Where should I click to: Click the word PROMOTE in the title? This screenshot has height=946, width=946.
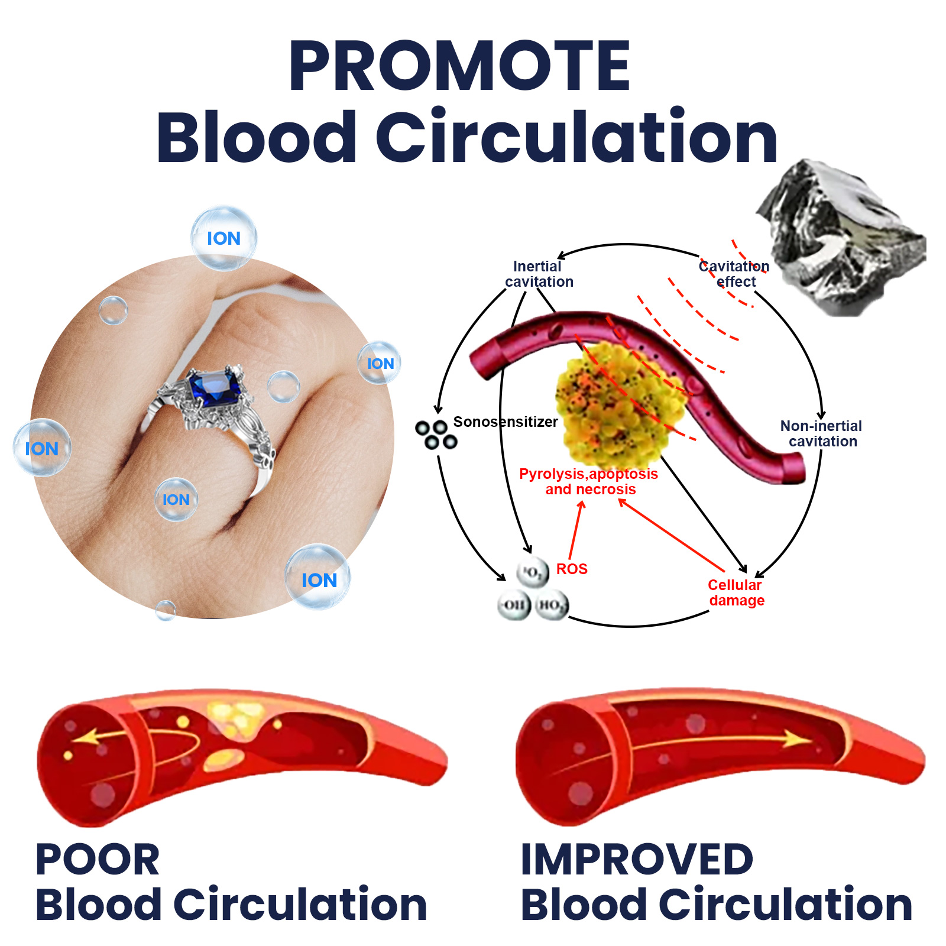tap(459, 66)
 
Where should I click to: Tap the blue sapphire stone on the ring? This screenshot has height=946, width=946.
tap(216, 387)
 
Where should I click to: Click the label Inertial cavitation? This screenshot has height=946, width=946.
tap(538, 274)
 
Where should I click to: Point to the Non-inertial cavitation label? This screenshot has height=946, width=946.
tap(821, 433)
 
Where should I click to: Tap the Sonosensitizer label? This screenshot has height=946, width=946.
tap(506, 422)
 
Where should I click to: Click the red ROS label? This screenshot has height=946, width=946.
tap(572, 569)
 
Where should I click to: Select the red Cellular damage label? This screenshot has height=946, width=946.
tap(736, 592)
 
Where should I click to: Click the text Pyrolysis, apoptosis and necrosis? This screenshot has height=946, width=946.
tap(589, 481)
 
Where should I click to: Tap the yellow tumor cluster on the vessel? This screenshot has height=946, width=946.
tap(618, 402)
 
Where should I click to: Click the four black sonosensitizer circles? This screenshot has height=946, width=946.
tap(436, 435)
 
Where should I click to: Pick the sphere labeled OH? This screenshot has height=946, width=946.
tap(514, 605)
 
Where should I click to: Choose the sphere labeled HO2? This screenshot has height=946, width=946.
tap(551, 605)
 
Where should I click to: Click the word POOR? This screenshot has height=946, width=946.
tap(98, 860)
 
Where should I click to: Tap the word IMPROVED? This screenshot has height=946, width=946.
tap(637, 860)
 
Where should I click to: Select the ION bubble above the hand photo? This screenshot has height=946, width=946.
tap(223, 238)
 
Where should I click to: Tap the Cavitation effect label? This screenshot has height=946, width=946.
tap(734, 274)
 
